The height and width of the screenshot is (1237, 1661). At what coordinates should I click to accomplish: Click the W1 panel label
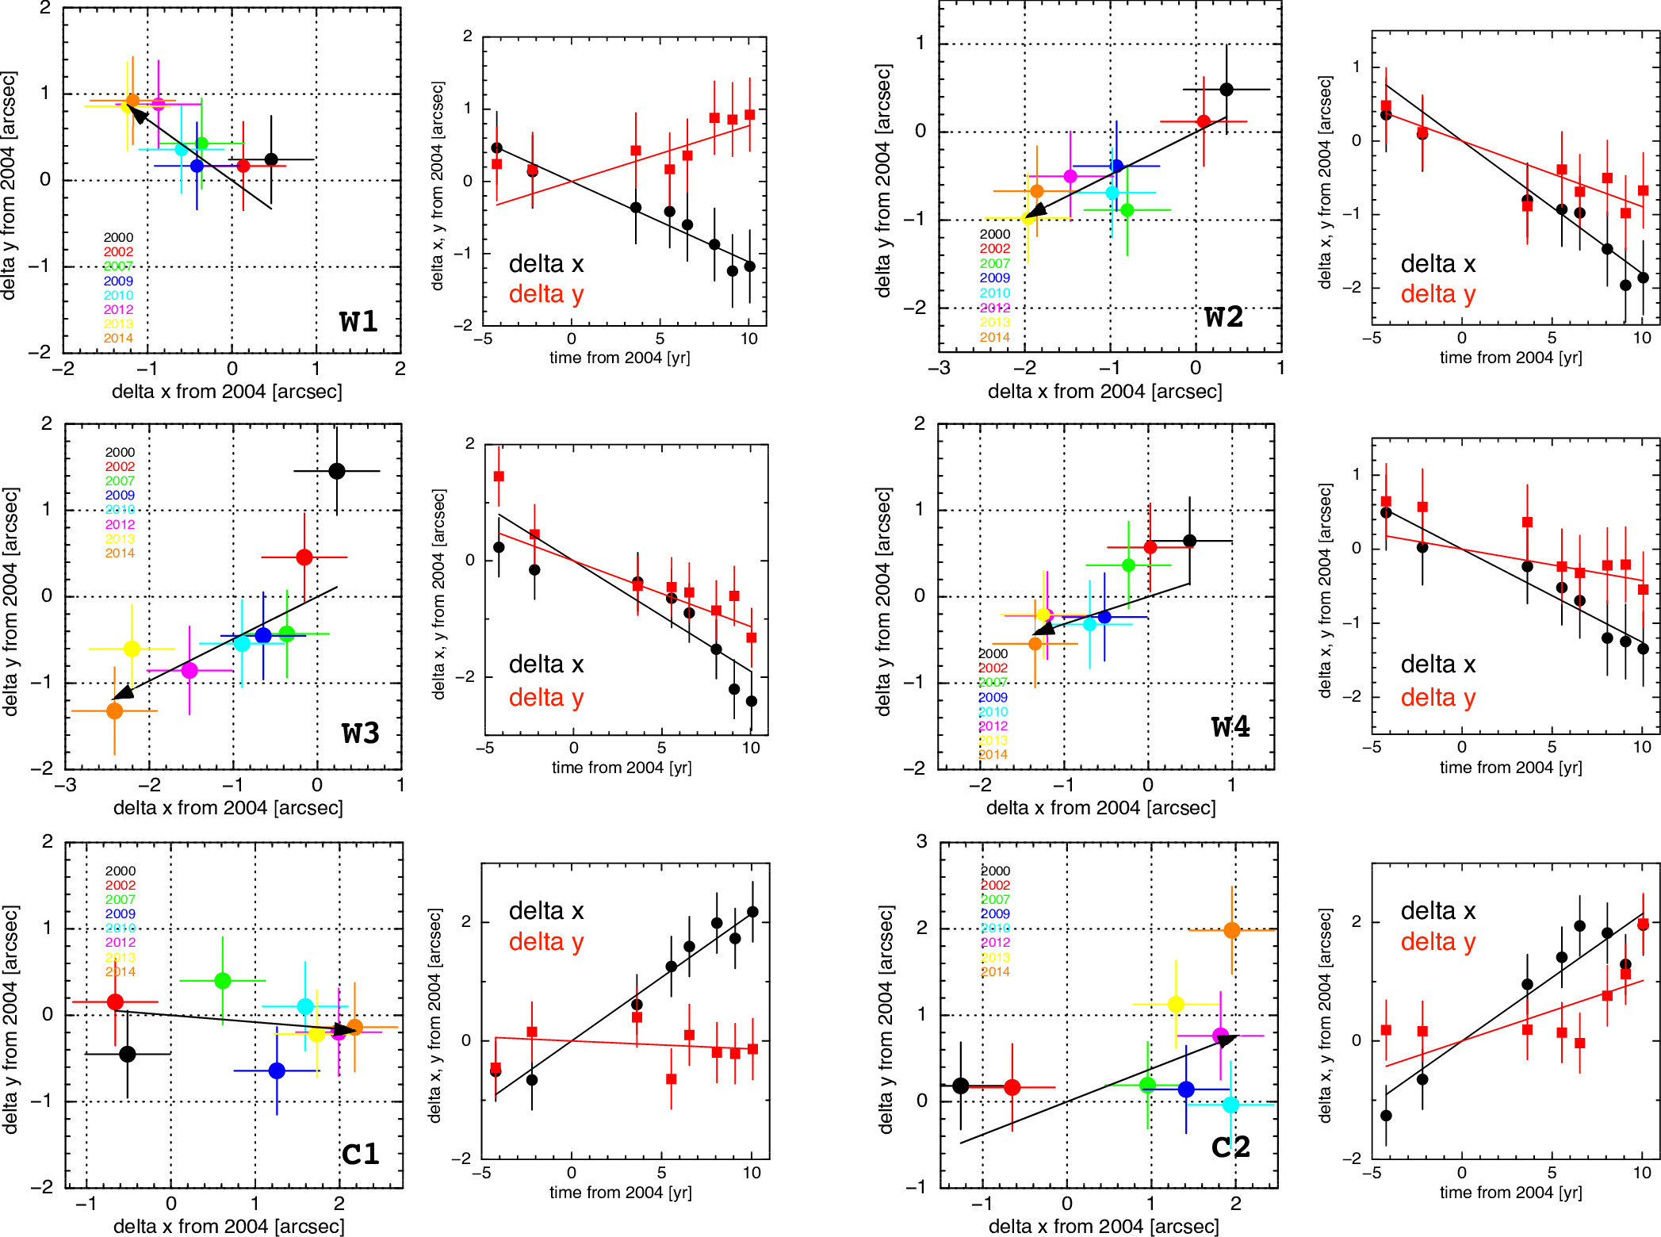358,321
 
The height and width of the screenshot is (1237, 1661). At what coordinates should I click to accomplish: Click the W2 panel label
1223,316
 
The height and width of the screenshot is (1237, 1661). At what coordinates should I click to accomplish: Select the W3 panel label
360,733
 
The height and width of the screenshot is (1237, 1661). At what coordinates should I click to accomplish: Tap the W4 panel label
1230,726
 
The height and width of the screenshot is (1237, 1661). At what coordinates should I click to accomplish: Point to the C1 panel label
360,1153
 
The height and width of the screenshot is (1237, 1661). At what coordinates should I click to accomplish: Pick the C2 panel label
1230,1147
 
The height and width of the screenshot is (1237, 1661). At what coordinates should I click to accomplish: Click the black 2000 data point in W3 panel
337,471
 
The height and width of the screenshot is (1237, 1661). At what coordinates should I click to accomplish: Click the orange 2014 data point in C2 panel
1231,930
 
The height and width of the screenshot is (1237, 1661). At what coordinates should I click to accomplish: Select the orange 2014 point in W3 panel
115,710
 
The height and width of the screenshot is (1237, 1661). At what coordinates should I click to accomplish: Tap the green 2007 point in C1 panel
223,981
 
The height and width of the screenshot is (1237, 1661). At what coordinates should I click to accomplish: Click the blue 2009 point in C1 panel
277,1070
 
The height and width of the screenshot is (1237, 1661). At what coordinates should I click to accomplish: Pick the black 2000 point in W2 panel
1227,90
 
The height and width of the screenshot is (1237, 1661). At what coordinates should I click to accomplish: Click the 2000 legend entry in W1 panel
118,237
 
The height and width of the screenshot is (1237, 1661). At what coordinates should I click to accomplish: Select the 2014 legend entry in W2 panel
994,337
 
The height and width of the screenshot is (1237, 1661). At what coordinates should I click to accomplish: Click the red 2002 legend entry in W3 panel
120,466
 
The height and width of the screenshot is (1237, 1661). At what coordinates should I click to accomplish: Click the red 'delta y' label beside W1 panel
546,294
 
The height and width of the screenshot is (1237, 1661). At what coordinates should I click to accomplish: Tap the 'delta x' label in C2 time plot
1438,911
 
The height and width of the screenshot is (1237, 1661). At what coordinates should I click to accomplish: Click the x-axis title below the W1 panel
227,392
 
